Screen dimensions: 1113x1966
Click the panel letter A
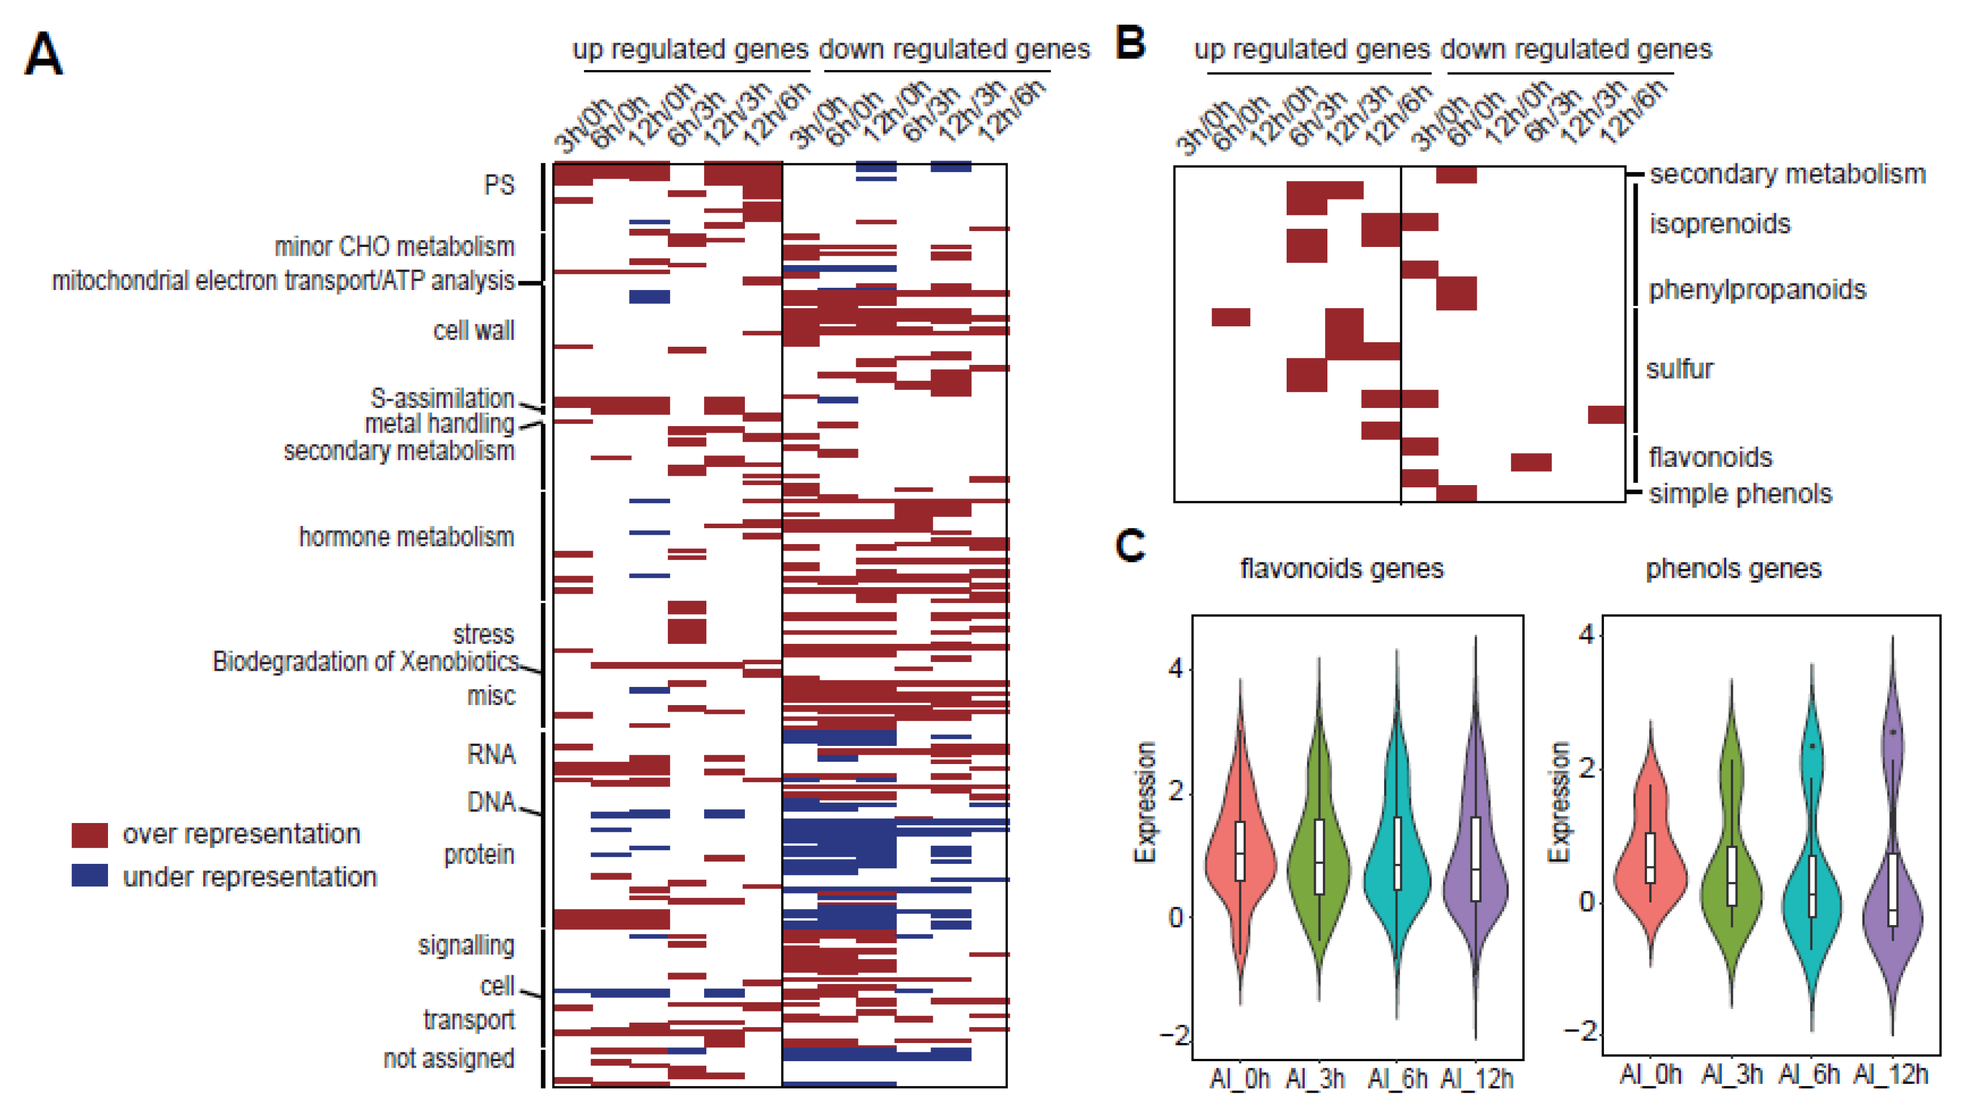click(43, 53)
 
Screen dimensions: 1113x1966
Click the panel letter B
click(1130, 43)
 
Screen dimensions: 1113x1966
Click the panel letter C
click(1130, 545)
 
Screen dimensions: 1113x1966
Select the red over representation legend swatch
click(89, 835)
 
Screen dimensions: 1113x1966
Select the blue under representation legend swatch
click(89, 876)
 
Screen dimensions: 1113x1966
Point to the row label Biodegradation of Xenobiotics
click(365, 661)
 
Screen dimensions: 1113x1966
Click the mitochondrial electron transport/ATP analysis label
click(283, 281)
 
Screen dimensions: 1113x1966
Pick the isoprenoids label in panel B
click(1719, 224)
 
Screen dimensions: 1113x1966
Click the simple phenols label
click(1740, 494)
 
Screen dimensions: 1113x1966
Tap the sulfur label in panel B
click(1679, 369)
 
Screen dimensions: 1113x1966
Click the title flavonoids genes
click(1341, 569)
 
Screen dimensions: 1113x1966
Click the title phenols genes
click(1733, 569)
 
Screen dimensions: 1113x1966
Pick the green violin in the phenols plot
click(1731, 879)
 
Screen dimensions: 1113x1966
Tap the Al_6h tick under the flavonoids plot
click(1397, 1079)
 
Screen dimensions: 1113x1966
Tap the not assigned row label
click(449, 1059)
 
